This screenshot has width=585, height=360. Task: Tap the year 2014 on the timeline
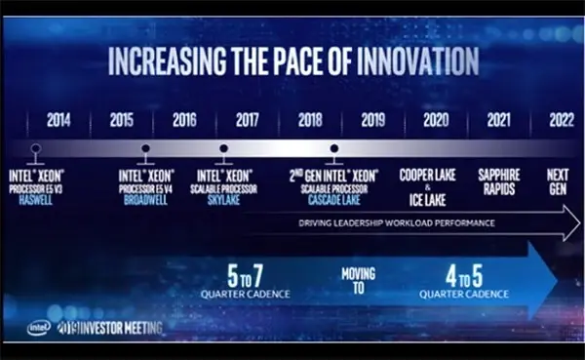[x=59, y=121]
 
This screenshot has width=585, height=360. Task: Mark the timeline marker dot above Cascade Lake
[x=334, y=149]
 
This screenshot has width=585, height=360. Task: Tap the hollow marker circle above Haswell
[x=35, y=149]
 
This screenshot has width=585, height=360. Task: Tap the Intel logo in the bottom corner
[x=40, y=328]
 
